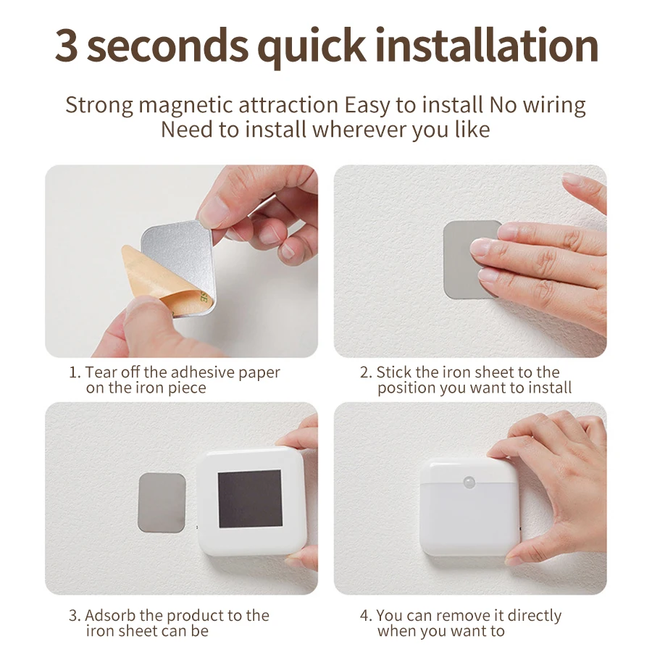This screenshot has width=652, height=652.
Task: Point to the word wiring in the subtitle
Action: [554, 105]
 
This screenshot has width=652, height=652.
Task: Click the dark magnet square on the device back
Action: [249, 498]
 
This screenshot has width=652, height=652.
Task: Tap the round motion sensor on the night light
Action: [469, 481]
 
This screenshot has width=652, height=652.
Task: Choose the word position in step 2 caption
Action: [406, 388]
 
